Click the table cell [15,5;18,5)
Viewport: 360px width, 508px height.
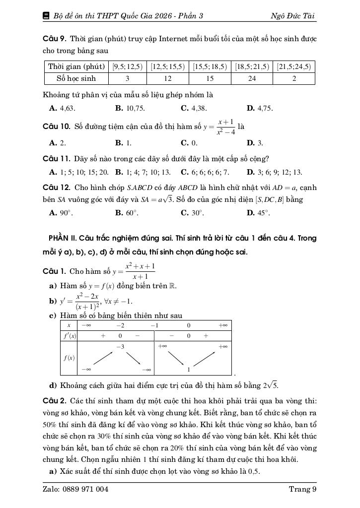point(210,66)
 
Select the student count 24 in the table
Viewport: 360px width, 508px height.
point(252,78)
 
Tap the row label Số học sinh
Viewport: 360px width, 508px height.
point(76,78)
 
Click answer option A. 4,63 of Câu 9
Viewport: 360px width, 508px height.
point(63,108)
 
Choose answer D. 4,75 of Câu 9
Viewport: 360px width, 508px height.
point(259,108)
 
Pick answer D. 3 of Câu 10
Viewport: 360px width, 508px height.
point(255,143)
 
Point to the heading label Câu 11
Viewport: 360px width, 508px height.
point(57,159)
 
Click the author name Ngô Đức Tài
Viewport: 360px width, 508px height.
point(292,16)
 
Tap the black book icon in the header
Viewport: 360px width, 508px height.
point(46,16)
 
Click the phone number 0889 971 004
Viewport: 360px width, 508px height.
point(85,489)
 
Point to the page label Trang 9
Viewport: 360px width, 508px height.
point(302,489)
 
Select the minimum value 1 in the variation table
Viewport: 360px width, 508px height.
point(189,370)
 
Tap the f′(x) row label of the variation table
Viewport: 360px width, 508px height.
point(69,336)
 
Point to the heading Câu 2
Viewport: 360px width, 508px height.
point(55,400)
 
